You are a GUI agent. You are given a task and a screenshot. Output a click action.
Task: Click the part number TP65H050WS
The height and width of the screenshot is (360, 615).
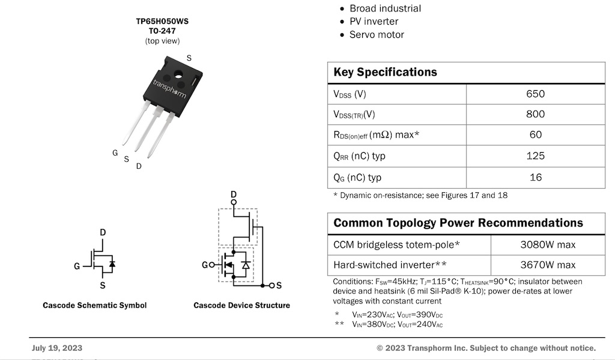(162, 21)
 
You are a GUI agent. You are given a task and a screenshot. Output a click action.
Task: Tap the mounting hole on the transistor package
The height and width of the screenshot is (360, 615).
(178, 73)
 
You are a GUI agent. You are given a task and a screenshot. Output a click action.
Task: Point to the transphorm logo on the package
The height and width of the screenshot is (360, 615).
(169, 89)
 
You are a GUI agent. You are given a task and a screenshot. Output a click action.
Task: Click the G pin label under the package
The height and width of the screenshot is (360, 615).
(115, 153)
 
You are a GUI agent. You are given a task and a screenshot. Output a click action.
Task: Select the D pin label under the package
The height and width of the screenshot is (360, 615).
(139, 166)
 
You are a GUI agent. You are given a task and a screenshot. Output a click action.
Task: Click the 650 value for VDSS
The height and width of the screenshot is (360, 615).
(535, 94)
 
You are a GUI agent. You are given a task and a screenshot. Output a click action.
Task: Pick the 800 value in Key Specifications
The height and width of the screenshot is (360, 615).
(535, 114)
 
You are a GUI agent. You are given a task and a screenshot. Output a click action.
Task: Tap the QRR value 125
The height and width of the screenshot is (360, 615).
(535, 156)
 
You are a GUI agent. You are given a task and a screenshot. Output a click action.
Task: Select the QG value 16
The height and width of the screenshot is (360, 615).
(536, 177)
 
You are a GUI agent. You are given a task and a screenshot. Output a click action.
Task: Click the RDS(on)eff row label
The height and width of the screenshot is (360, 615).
(377, 135)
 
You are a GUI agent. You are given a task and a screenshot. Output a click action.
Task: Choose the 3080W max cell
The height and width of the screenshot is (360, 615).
(548, 245)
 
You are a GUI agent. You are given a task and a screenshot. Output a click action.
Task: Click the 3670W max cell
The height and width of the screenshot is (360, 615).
(548, 265)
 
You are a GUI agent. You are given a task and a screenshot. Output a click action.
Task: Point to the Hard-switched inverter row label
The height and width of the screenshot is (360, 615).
(390, 265)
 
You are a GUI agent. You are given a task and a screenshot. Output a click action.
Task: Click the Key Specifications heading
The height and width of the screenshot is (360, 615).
(385, 72)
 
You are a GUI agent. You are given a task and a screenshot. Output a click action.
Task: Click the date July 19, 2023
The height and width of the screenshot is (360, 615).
(57, 348)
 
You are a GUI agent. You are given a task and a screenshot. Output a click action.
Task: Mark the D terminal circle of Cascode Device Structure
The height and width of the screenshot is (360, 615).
(234, 202)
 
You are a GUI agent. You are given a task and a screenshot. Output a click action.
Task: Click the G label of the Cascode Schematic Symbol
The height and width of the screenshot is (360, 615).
(77, 266)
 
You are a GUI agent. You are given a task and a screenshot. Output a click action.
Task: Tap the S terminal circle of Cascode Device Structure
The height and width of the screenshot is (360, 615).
(272, 285)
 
